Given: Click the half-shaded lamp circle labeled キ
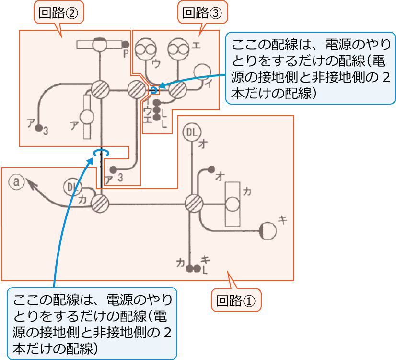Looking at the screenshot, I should (268, 231).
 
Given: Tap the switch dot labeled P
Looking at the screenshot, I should (126, 45).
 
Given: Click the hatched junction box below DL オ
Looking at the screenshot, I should (194, 203).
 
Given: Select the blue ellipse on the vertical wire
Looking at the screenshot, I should (101, 152).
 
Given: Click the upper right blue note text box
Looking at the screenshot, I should (311, 68).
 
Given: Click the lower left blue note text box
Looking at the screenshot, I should (92, 323).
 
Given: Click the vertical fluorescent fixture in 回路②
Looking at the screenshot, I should (87, 117).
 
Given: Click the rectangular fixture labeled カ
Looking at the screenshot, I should (233, 204).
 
